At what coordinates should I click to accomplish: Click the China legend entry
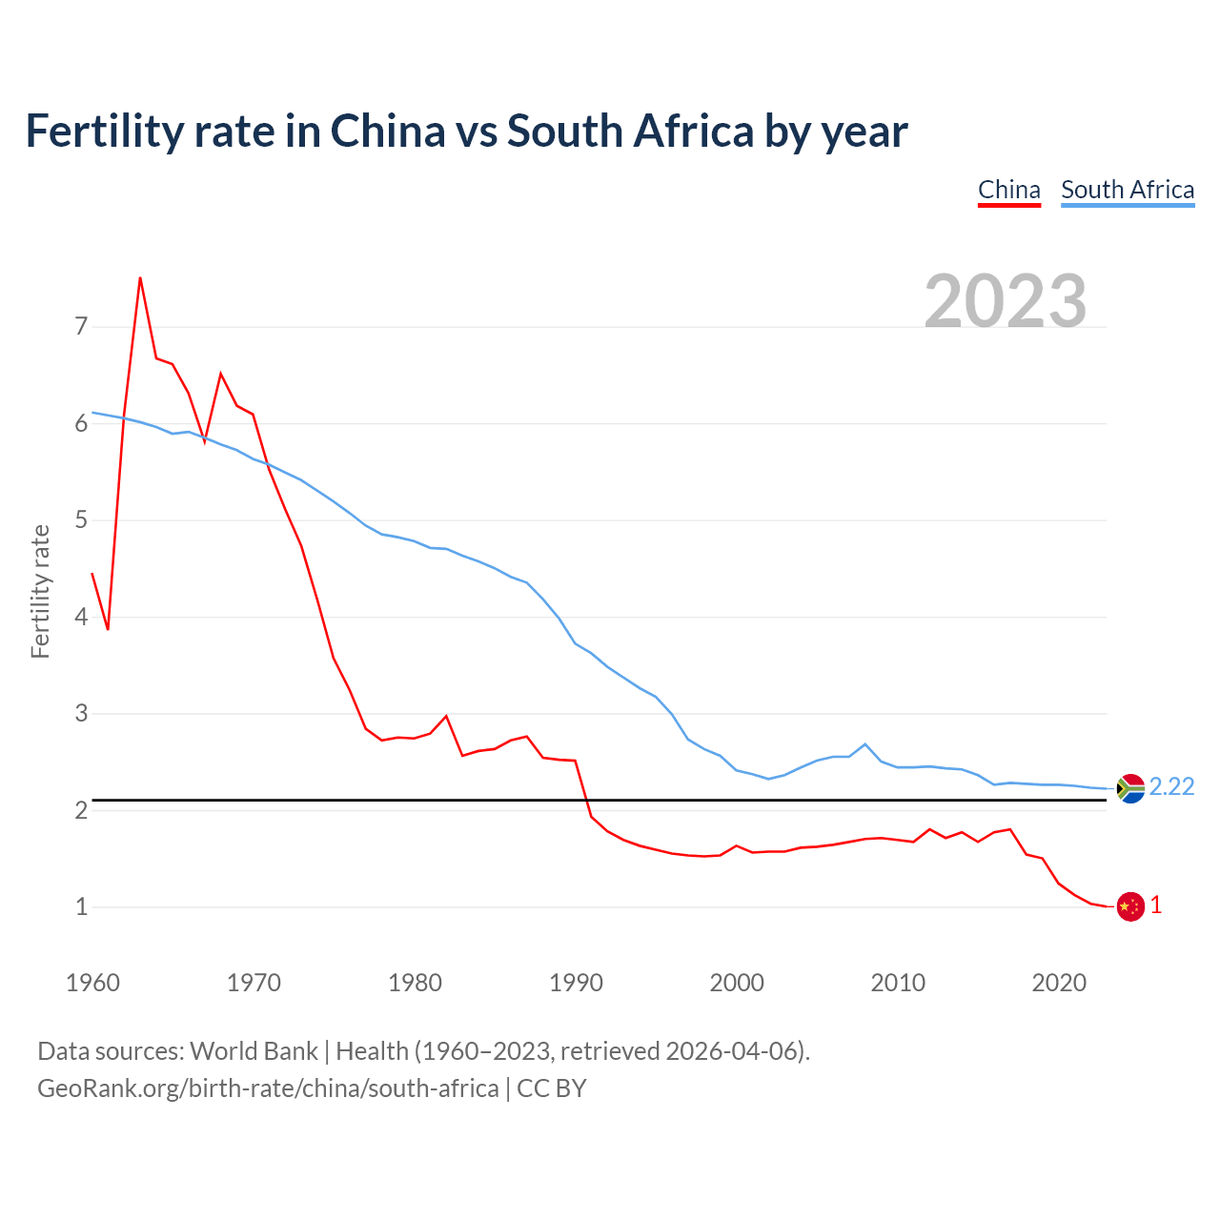pyautogui.click(x=1009, y=190)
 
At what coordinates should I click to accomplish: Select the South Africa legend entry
pyautogui.click(x=1128, y=190)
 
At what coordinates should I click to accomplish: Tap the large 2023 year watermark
pyautogui.click(x=1006, y=301)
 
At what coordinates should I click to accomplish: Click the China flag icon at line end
pyautogui.click(x=1130, y=906)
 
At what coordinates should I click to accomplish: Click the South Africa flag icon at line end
pyautogui.click(x=1130, y=789)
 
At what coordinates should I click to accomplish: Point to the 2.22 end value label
pyautogui.click(x=1171, y=786)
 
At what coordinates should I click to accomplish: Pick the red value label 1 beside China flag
pyautogui.click(x=1156, y=905)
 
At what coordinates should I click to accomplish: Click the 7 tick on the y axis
pyautogui.click(x=81, y=327)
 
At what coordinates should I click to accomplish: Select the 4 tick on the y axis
pyautogui.click(x=81, y=617)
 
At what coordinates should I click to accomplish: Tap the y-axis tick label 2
pyautogui.click(x=81, y=810)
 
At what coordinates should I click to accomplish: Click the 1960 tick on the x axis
pyautogui.click(x=92, y=983)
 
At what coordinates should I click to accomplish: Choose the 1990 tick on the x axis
pyautogui.click(x=576, y=983)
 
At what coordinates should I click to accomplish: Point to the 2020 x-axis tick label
pyautogui.click(x=1059, y=983)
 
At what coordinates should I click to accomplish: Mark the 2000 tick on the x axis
pyautogui.click(x=737, y=983)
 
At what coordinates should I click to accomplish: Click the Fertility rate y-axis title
pyautogui.click(x=40, y=591)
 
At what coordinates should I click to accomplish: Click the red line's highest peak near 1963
pyautogui.click(x=140, y=278)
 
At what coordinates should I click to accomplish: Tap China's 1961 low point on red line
pyautogui.click(x=108, y=629)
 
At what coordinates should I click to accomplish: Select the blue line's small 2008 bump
pyautogui.click(x=864, y=743)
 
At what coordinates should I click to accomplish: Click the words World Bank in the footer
pyautogui.click(x=254, y=1051)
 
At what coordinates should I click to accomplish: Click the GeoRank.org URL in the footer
pyautogui.click(x=268, y=1088)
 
